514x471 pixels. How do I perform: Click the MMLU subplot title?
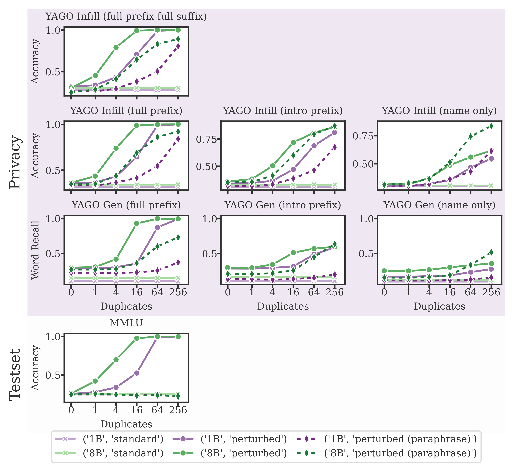pos(126,323)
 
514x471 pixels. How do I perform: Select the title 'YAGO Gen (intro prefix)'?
pos(283,205)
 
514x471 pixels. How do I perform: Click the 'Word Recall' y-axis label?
pos(35,250)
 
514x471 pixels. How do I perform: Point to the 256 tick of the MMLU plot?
pos(178,410)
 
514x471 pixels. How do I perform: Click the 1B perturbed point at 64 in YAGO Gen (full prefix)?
pos(157,227)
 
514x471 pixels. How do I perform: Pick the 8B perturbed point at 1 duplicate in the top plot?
pos(95,76)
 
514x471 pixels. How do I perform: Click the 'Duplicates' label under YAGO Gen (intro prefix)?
pos(283,306)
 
